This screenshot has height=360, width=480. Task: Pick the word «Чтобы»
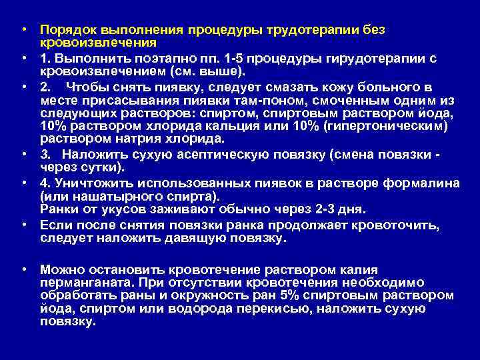tap(84, 87)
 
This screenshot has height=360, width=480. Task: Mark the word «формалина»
tap(425, 184)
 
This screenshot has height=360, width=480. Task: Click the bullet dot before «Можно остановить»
tap(23, 269)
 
